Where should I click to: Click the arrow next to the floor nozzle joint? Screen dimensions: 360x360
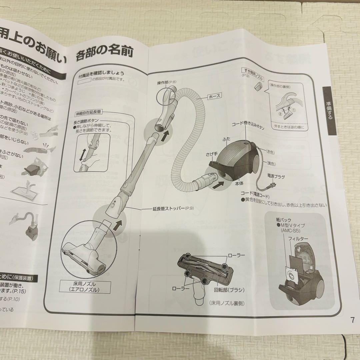pos(116,227)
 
